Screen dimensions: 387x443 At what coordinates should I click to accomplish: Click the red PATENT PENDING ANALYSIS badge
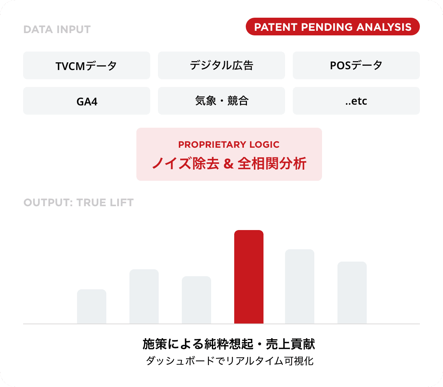332,27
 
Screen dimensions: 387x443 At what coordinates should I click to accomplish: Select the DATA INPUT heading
57,30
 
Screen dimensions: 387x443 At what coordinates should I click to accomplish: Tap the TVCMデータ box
86,66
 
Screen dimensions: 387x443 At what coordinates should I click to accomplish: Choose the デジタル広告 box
221,66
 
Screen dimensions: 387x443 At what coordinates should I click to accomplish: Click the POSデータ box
356,66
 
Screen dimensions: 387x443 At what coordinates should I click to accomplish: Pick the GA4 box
86,101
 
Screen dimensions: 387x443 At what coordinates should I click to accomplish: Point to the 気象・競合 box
221,101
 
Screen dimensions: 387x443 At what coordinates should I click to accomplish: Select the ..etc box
356,101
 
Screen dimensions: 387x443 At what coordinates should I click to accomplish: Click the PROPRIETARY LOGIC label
229,145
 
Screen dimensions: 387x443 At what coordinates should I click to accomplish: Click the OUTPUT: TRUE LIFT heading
79,203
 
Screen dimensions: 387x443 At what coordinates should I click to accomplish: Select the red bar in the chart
248,277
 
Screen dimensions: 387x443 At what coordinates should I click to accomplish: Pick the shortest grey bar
91,307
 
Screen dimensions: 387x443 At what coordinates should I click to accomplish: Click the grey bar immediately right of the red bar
299,287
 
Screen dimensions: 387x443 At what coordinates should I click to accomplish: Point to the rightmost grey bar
352,293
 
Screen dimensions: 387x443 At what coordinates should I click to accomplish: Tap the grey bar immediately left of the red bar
196,300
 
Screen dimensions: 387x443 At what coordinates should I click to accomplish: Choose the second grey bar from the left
144,297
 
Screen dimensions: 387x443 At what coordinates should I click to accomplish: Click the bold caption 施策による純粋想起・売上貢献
229,344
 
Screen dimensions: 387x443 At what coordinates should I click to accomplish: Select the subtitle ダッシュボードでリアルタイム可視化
230,362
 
